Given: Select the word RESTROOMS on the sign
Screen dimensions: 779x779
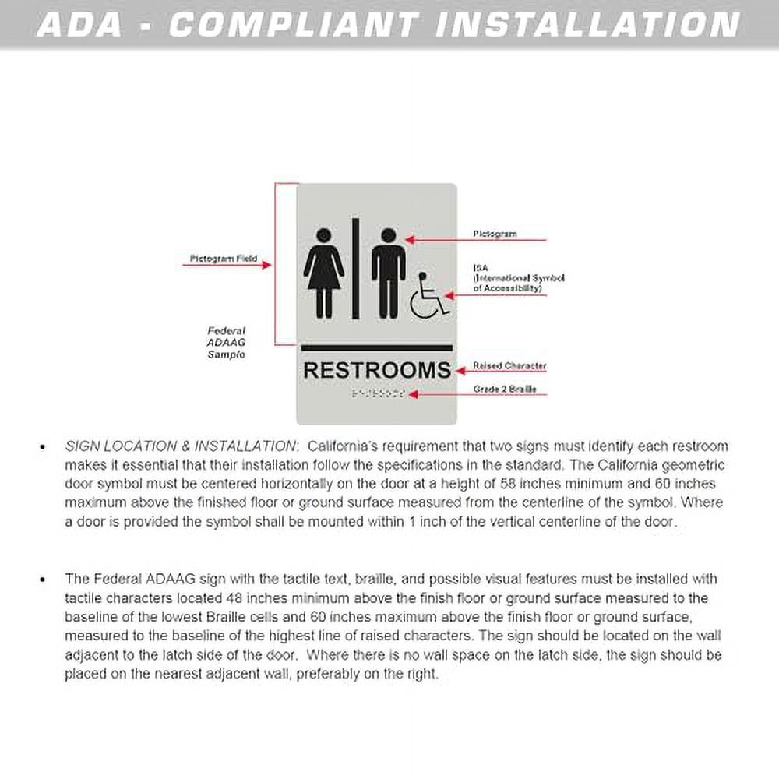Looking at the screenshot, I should pyautogui.click(x=377, y=370).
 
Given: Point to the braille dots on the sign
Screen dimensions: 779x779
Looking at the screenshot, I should pyautogui.click(x=378, y=394).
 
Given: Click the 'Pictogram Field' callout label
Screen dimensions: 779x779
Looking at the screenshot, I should pyautogui.click(x=224, y=258).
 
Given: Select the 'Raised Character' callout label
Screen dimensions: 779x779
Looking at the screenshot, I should pyautogui.click(x=509, y=366).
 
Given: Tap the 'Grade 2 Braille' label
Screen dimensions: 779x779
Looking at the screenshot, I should pyautogui.click(x=505, y=389).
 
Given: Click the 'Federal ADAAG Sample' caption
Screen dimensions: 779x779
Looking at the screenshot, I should pyautogui.click(x=226, y=343).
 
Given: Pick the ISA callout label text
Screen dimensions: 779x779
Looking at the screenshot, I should pyautogui.click(x=518, y=278).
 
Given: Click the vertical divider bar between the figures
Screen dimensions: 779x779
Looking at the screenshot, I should pyautogui.click(x=355, y=269).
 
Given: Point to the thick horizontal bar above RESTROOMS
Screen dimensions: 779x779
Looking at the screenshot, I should pyautogui.click(x=377, y=348).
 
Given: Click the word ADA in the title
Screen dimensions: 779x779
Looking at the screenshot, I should pyautogui.click(x=80, y=24).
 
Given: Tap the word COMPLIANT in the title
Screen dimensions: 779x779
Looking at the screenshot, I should pyautogui.click(x=294, y=24).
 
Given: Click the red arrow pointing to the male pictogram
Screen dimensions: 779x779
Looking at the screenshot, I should pyautogui.click(x=479, y=239).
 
